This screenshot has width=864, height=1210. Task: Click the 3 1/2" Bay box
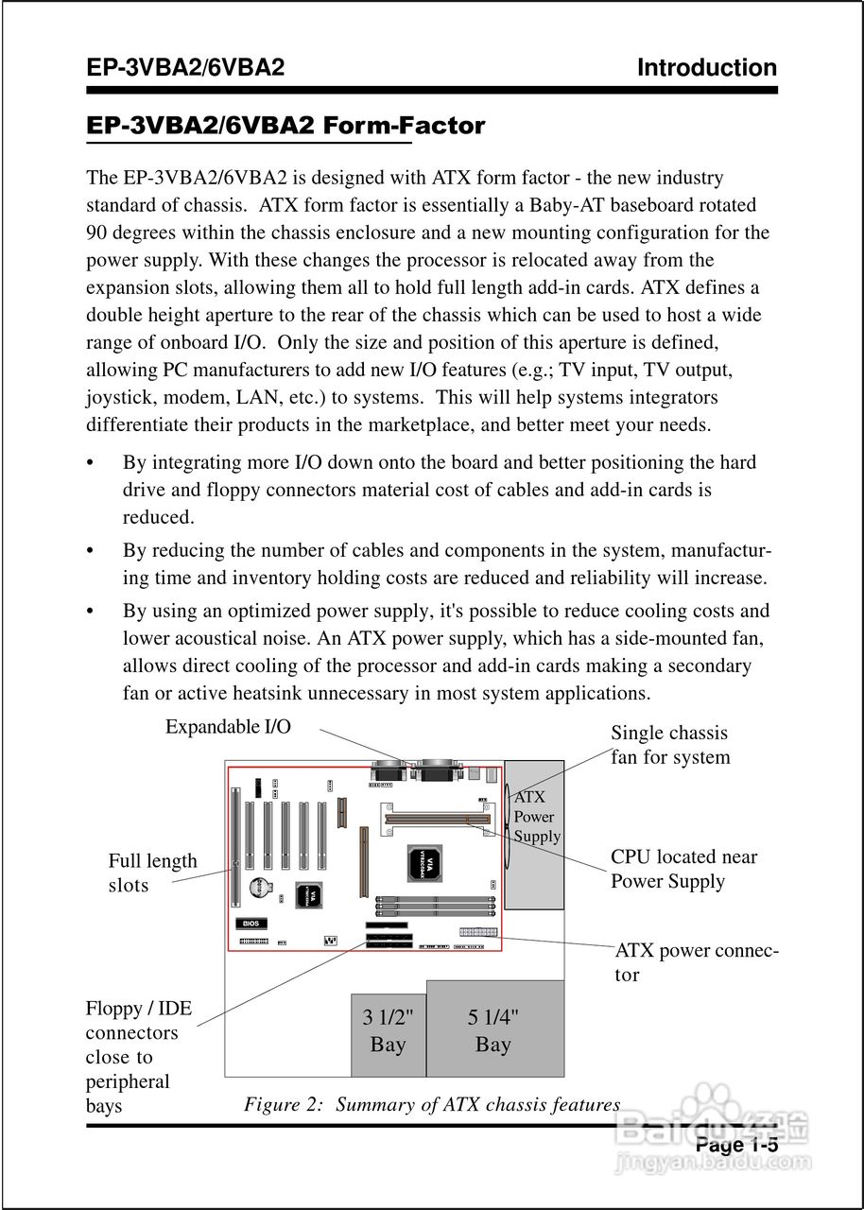point(388,1034)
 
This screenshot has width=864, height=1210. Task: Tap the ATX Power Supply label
point(536,817)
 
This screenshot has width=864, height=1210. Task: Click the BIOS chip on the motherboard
point(251,923)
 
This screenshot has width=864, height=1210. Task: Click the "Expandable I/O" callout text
point(228,726)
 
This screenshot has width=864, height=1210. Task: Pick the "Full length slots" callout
point(152,873)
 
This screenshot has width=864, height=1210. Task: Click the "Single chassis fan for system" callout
point(669,745)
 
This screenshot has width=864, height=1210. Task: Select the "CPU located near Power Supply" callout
point(683,869)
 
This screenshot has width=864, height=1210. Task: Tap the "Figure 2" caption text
point(432,1104)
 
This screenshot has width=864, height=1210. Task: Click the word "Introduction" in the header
point(706,68)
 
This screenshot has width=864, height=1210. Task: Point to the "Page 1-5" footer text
point(736,1145)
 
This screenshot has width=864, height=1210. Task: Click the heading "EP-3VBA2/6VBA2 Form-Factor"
point(285,126)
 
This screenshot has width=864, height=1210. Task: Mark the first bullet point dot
point(90,463)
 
